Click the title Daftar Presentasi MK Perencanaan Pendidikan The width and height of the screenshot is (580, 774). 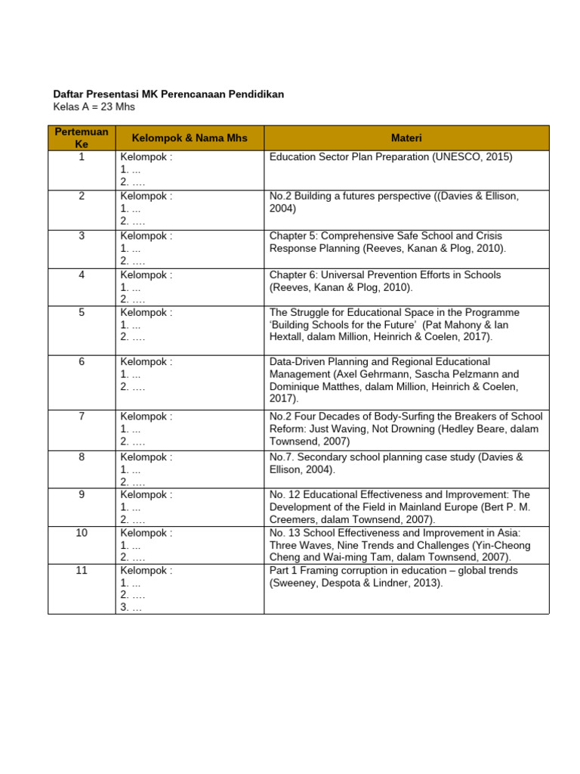168,94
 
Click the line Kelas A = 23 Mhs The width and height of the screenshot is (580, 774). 94,107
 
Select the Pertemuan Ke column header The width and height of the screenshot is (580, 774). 82,138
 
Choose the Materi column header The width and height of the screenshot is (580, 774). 406,138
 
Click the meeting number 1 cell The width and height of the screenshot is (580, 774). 82,157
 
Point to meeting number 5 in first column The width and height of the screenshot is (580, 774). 82,312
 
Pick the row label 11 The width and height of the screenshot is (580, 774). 82,571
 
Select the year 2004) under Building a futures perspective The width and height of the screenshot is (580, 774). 283,209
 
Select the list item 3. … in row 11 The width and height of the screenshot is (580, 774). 131,607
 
